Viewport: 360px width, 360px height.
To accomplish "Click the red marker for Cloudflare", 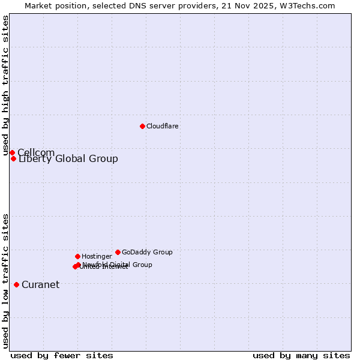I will pyautogui.click(x=142, y=126).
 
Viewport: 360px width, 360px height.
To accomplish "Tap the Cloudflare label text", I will pyautogui.click(x=162, y=126).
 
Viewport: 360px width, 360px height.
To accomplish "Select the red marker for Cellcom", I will pyautogui.click(x=12, y=152).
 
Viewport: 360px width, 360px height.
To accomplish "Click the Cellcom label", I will pyautogui.click(x=36, y=152).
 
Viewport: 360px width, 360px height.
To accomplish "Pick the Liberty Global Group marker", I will pyautogui.click(x=13, y=158).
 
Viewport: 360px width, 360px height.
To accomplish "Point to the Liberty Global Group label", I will pyautogui.click(x=68, y=159).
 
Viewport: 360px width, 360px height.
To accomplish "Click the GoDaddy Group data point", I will pyautogui.click(x=118, y=252).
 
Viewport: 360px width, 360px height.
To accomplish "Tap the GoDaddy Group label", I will pyautogui.click(x=147, y=252).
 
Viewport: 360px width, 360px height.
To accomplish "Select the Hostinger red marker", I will pyautogui.click(x=77, y=256).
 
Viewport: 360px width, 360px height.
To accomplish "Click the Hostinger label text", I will pyautogui.click(x=97, y=256).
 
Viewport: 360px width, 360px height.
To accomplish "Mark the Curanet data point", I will pyautogui.click(x=16, y=284).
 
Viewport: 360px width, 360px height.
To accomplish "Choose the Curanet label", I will pyautogui.click(x=40, y=284).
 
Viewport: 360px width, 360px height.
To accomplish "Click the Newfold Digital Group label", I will pyautogui.click(x=118, y=264).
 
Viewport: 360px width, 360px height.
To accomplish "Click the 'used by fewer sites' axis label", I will pyautogui.click(x=62, y=355).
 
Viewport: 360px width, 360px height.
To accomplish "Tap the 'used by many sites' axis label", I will pyautogui.click(x=301, y=355).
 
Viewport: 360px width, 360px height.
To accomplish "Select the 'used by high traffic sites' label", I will pyautogui.click(x=5, y=85).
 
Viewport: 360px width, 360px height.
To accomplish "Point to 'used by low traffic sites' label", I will pyautogui.click(x=5, y=280).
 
